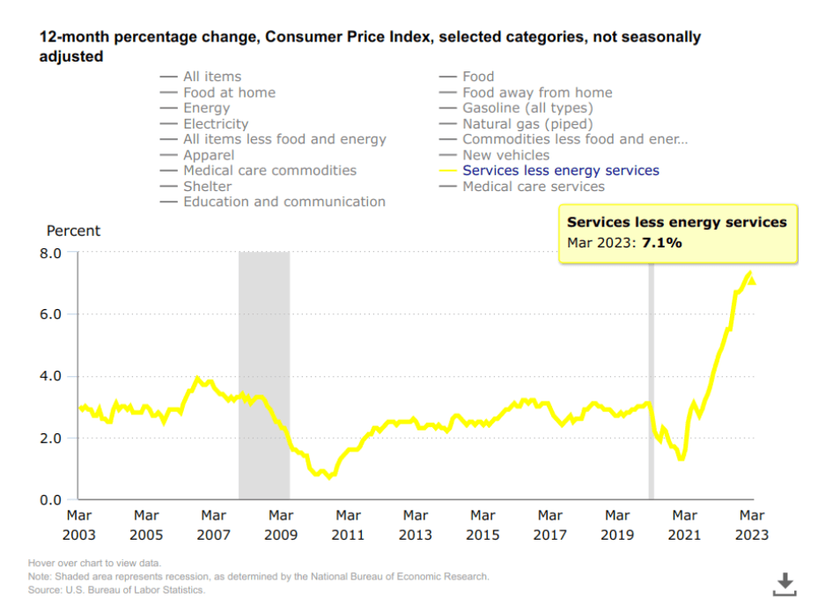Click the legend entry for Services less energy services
point(560,171)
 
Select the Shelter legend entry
point(207,187)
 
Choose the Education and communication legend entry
point(284,203)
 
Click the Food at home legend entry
point(229,92)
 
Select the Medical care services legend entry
point(533,187)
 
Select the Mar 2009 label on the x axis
point(281,525)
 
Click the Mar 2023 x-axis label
point(751,525)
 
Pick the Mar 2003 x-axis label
point(80,525)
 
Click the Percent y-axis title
point(73,231)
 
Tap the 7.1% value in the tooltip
point(662,242)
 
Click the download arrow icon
point(785,583)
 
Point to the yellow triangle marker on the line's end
point(751,281)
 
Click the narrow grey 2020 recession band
point(652,387)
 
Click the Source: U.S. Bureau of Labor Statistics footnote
point(116,590)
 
